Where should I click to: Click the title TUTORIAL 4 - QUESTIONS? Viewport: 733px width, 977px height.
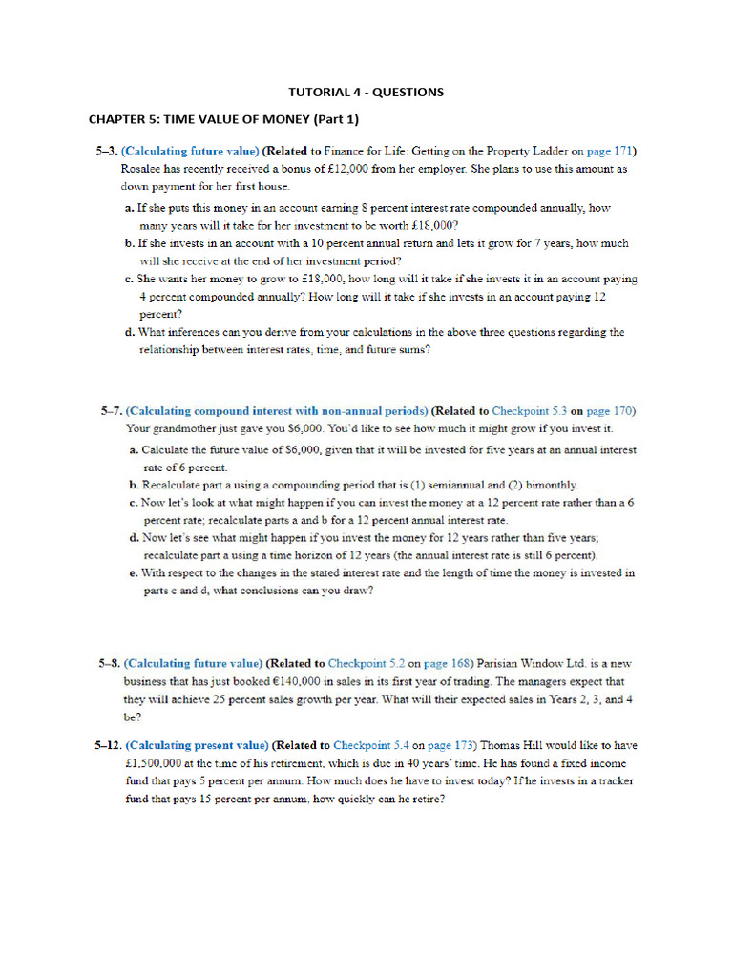pyautogui.click(x=366, y=93)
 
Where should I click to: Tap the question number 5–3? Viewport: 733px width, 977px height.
pyautogui.click(x=106, y=151)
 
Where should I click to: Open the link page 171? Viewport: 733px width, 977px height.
pyautogui.click(x=611, y=151)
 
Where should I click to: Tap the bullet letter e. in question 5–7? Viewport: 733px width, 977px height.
pyautogui.click(x=132, y=573)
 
